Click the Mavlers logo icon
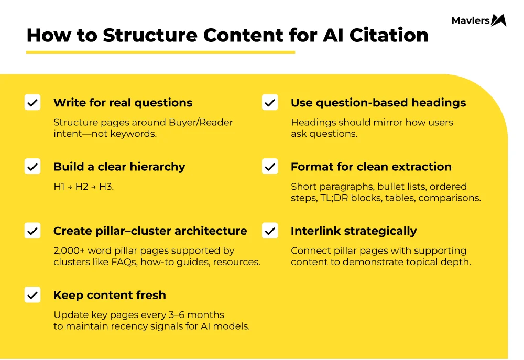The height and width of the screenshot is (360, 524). pyautogui.click(x=499, y=20)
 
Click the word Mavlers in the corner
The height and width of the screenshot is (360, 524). pyautogui.click(x=471, y=21)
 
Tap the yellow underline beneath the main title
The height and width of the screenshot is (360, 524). pyautogui.click(x=160, y=52)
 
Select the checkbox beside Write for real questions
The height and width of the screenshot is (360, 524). pyautogui.click(x=32, y=103)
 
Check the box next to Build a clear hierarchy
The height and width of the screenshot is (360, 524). pyautogui.click(x=32, y=167)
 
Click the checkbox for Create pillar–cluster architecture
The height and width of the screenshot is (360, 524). pyautogui.click(x=32, y=231)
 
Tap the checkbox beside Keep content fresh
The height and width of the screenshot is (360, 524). pyautogui.click(x=32, y=295)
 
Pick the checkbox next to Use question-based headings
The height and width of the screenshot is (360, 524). pyautogui.click(x=270, y=103)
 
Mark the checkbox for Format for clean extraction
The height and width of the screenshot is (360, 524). pyautogui.click(x=270, y=167)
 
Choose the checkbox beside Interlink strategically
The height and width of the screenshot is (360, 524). pyautogui.click(x=270, y=231)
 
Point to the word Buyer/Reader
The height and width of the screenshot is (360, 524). pyautogui.click(x=201, y=122)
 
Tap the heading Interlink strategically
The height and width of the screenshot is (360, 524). pyautogui.click(x=354, y=231)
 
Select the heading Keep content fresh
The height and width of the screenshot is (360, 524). pyautogui.click(x=110, y=295)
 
